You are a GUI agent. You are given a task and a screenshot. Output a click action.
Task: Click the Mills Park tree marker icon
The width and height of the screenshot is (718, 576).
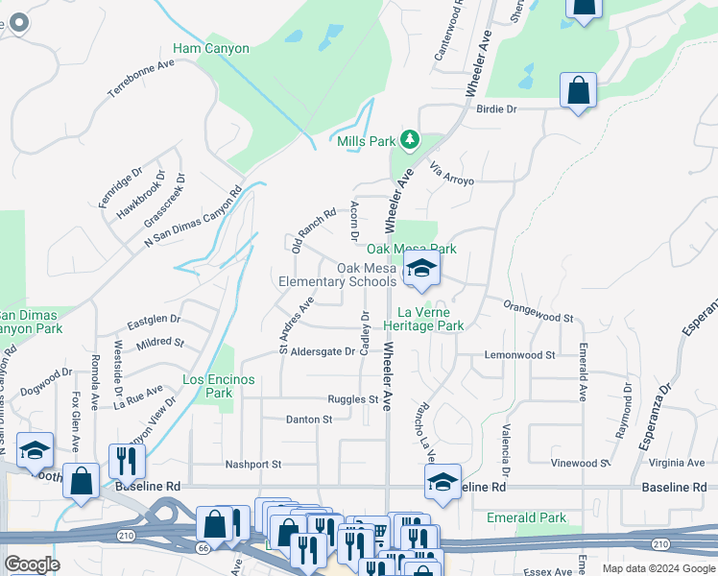411,140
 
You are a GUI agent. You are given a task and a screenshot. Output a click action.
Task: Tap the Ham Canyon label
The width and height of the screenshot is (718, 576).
211,48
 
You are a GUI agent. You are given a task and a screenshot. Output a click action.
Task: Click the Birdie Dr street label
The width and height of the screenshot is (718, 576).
496,109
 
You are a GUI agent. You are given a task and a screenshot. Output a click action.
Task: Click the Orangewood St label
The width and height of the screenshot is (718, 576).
538,311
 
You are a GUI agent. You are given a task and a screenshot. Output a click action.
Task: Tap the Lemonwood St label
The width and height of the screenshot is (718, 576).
519,355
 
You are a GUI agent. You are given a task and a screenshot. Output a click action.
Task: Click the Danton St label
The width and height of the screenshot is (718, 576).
308,420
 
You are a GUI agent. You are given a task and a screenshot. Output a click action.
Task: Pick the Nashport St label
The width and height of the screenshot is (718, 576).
252,464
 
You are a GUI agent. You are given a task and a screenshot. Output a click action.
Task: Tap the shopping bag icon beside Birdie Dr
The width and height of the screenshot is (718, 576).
578,91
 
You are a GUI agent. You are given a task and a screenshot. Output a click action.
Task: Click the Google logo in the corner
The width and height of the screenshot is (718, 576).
33,564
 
